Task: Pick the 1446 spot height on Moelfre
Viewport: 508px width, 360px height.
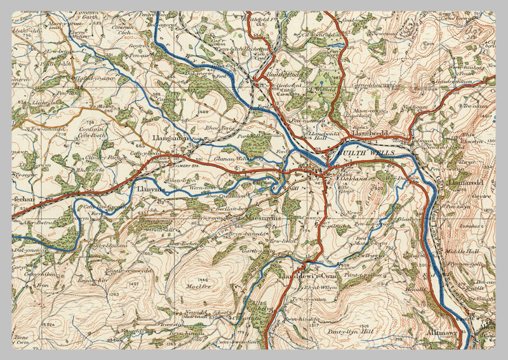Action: [x=203, y=279]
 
